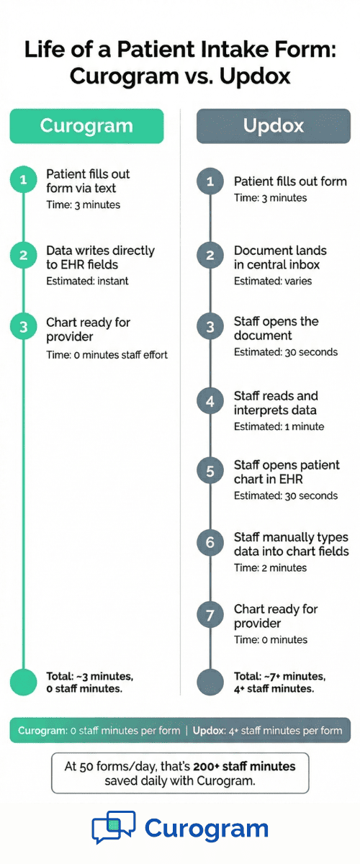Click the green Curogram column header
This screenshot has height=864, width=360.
click(86, 126)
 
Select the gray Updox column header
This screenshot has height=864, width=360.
click(273, 126)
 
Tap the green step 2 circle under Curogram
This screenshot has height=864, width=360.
click(23, 255)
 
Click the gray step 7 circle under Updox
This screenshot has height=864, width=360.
click(210, 615)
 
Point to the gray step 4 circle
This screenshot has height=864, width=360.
click(210, 401)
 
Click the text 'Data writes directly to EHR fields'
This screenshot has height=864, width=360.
click(100, 257)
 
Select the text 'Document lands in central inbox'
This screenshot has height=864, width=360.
click(280, 257)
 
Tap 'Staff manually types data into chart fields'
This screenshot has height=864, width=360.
click(291, 544)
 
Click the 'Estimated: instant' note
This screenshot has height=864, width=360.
click(87, 281)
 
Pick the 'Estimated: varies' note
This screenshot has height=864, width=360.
click(273, 281)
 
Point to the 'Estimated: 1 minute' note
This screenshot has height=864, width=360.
click(279, 426)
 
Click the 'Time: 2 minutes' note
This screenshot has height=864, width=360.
click(270, 567)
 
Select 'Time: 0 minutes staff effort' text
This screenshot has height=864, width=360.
click(107, 354)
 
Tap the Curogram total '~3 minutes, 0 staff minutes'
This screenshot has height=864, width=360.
click(90, 682)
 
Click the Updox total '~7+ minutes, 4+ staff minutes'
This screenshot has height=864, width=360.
click(279, 682)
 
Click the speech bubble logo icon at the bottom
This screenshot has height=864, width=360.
click(114, 827)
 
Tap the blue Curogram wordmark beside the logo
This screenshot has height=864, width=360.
click(207, 829)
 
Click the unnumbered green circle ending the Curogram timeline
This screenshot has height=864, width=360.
click(23, 681)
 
